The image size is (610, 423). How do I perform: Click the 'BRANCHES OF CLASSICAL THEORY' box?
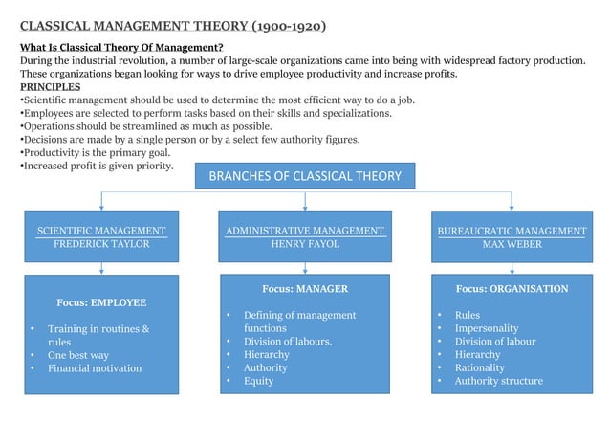click(305, 177)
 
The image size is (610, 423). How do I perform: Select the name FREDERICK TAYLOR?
click(101, 244)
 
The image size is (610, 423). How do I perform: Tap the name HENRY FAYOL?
click(305, 244)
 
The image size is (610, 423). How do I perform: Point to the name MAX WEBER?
click(512, 244)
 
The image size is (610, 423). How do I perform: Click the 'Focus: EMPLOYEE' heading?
click(101, 302)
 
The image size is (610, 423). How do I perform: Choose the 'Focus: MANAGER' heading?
click(305, 288)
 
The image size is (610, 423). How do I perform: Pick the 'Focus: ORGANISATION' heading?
click(512, 288)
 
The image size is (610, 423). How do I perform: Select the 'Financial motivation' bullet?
click(95, 368)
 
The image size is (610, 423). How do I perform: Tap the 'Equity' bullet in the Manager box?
click(258, 381)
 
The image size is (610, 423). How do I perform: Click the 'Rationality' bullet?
click(479, 367)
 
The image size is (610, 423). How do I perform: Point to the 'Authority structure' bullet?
click(498, 381)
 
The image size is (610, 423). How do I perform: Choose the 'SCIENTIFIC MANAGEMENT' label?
click(101, 231)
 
